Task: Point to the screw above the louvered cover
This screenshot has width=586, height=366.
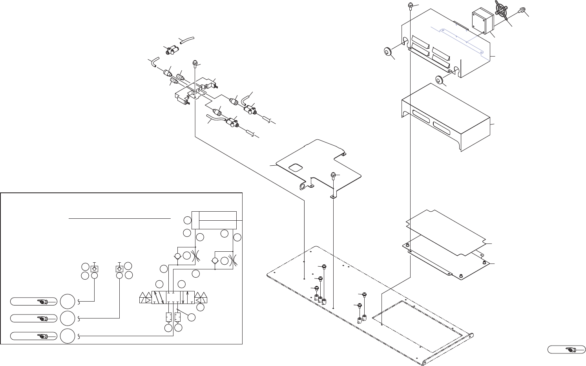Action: pos(409,5)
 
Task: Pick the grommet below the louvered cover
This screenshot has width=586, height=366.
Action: pos(440,80)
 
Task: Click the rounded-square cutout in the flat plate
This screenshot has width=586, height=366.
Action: pos(295,168)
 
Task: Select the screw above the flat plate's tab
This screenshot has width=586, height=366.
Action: pos(333,175)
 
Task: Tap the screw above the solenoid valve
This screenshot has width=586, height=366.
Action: pos(194,64)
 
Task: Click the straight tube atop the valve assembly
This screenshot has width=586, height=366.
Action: pos(187,40)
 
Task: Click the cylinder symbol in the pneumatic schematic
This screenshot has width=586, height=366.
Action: pos(214,220)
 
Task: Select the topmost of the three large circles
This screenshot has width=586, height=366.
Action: pos(68,302)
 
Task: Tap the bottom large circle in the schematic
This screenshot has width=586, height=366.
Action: pos(68,336)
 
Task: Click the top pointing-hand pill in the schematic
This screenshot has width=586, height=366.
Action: pos(33,302)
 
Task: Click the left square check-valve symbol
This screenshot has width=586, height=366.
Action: pos(95,269)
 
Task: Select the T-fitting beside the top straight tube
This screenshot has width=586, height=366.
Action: pos(171,50)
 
